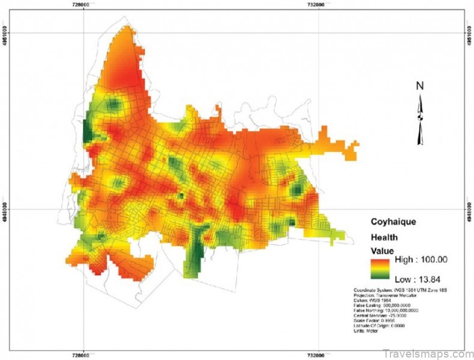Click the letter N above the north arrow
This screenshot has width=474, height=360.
click(420, 86)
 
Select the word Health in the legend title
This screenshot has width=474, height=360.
click(383, 237)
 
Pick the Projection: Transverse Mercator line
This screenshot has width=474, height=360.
click(390, 296)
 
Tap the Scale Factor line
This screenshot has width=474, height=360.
click(377, 320)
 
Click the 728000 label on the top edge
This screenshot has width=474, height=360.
click(81, 4)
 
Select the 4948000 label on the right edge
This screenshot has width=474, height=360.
click(469, 211)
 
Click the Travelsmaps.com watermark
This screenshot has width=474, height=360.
click(428, 353)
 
